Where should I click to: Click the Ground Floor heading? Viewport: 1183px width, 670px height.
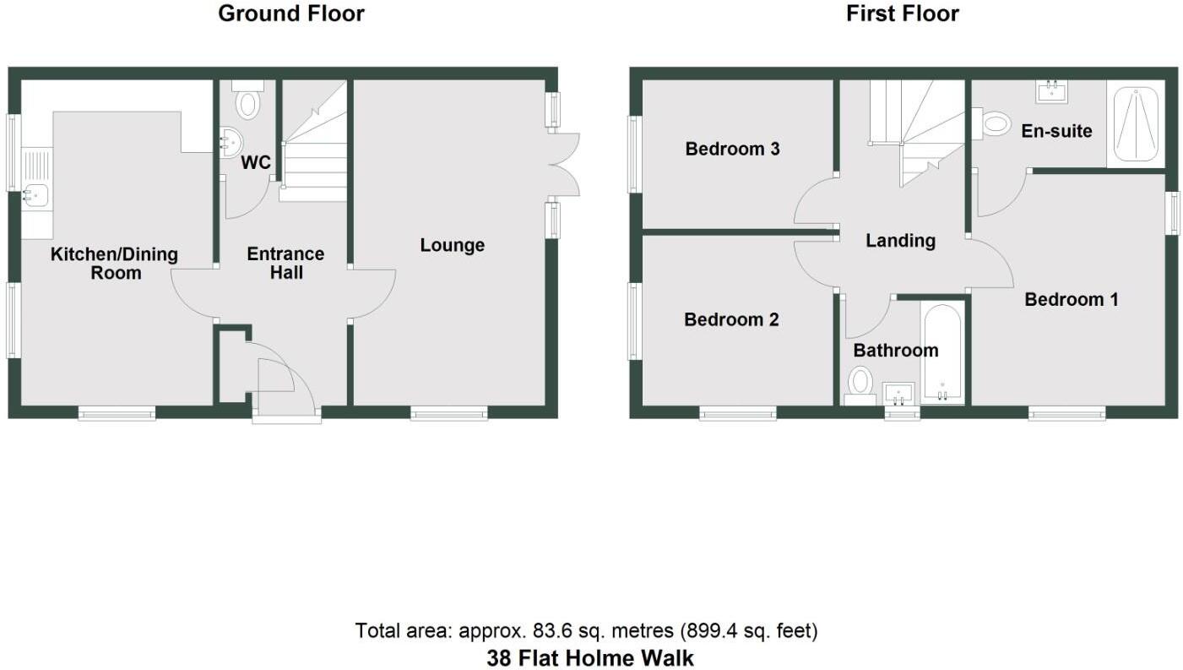pos(291,14)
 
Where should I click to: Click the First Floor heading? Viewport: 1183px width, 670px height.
pos(903,14)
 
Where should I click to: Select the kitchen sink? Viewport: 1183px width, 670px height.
pos(35,196)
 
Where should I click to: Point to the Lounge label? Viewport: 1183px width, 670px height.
pos(453,245)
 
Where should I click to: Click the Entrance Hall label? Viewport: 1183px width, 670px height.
pos(285,263)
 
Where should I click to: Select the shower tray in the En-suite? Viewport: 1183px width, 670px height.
pos(1135,123)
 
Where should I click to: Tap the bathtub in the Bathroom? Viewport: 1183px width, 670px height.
pos(942,353)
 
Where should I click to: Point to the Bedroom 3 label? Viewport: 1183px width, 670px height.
pos(732,150)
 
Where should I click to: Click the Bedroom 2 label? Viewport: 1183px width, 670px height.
pos(731,320)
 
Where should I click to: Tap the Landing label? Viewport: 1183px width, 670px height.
pos(900,241)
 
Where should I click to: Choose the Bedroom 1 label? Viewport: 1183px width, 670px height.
pos(1071,299)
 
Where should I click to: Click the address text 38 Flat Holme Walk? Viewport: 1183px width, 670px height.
pos(590,658)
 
